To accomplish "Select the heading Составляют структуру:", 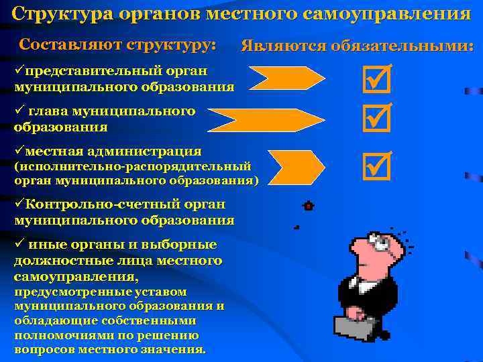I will [118, 45].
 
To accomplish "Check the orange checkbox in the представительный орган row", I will [376, 80].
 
